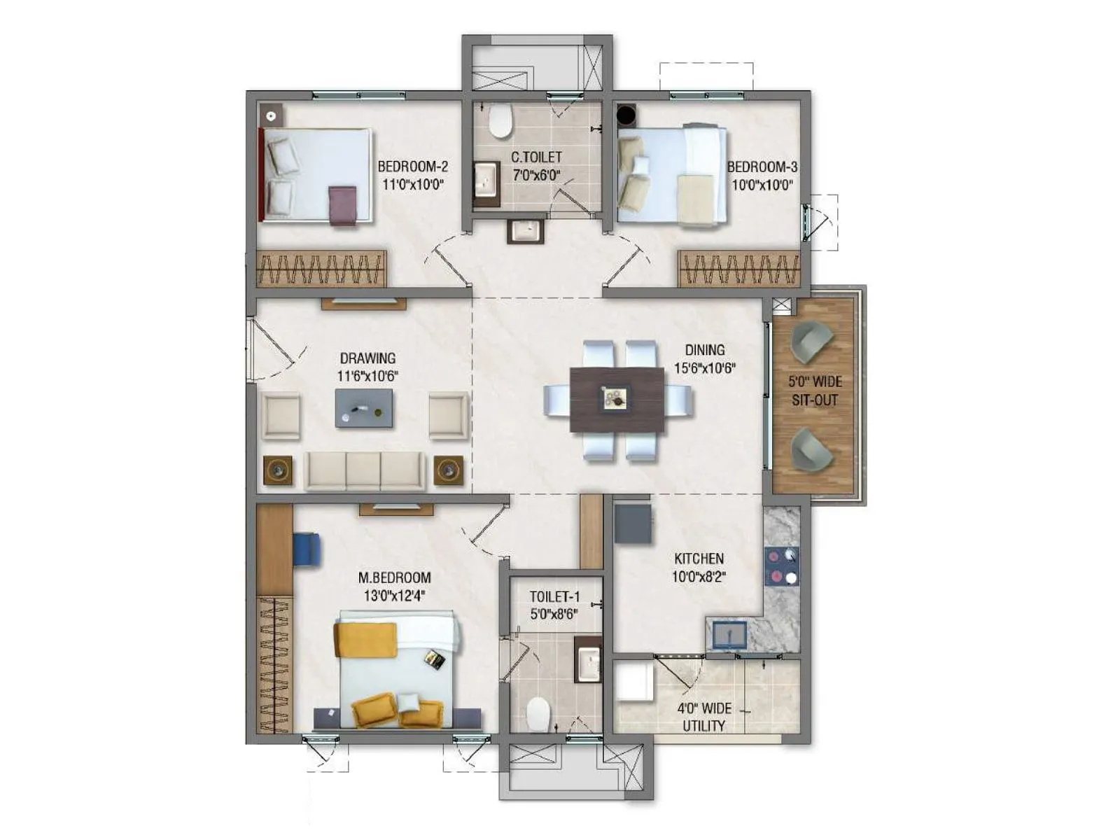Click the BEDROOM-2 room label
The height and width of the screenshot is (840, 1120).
point(412,167)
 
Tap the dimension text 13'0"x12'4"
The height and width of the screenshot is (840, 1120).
point(394,596)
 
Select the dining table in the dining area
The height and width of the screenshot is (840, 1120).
point(617,400)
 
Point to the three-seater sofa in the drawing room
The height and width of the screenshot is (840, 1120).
point(364,470)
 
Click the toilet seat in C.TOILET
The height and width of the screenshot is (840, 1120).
point(500,120)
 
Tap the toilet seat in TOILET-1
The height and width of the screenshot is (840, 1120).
point(538,714)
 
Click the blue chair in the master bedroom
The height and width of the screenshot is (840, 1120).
point(307,549)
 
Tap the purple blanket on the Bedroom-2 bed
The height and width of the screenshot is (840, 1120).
point(343,204)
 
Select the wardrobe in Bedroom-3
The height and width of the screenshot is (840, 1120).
point(738,269)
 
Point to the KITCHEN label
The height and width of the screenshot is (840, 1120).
point(699,559)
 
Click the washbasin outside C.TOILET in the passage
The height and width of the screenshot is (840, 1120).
point(525,231)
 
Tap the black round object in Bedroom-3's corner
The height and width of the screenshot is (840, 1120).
point(625,114)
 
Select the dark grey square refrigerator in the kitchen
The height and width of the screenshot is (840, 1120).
point(633,524)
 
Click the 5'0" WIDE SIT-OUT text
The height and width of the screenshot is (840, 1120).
point(815,391)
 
